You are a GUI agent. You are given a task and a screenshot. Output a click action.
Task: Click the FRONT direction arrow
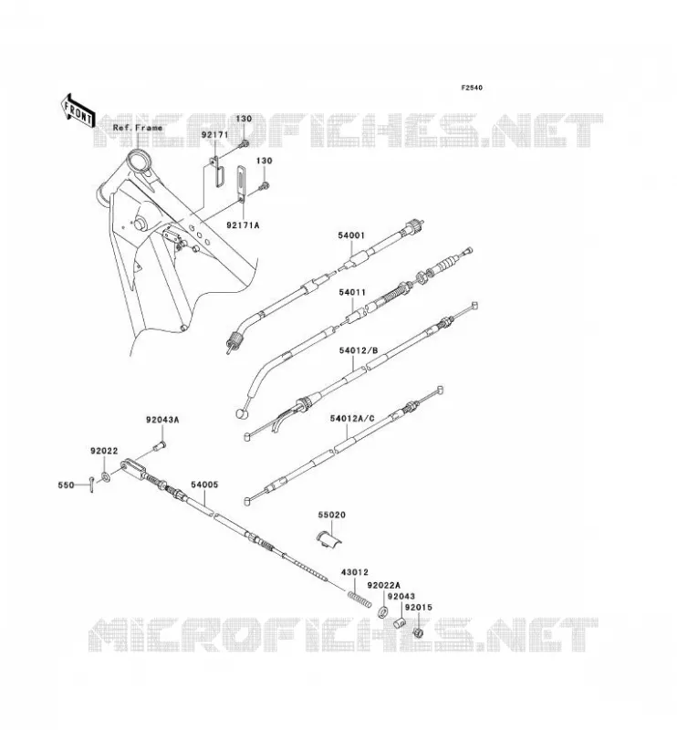pyautogui.click(x=78, y=110)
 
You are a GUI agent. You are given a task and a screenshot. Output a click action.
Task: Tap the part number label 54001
pyautogui.click(x=351, y=236)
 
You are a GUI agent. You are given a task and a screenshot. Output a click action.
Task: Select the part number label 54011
pyautogui.click(x=352, y=292)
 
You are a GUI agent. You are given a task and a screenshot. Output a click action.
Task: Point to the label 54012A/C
pyautogui.click(x=352, y=419)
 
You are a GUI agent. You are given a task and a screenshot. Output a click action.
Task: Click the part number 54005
pyautogui.click(x=204, y=485)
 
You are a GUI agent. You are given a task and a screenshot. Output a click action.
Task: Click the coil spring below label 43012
pyautogui.click(x=359, y=598)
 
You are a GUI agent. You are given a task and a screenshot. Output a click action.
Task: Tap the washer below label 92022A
pyautogui.click(x=383, y=611)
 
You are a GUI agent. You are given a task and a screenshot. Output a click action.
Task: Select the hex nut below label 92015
pyautogui.click(x=418, y=632)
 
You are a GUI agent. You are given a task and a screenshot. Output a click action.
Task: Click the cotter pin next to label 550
pyautogui.click(x=92, y=485)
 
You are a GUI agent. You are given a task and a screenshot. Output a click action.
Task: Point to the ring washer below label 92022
pyautogui.click(x=105, y=477)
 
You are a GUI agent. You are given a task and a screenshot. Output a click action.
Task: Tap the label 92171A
pyautogui.click(x=243, y=225)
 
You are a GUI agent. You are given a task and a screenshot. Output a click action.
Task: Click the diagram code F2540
pyautogui.click(x=472, y=88)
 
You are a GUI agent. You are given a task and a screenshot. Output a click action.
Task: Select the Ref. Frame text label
pyautogui.click(x=138, y=128)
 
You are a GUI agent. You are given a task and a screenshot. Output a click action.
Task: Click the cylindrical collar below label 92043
pyautogui.click(x=400, y=622)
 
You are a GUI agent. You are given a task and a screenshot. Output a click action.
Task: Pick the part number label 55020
pyautogui.click(x=332, y=515)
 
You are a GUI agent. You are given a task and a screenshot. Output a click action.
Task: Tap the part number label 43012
pyautogui.click(x=355, y=572)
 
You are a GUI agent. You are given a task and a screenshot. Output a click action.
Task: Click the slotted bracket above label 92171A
pyautogui.click(x=241, y=184)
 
